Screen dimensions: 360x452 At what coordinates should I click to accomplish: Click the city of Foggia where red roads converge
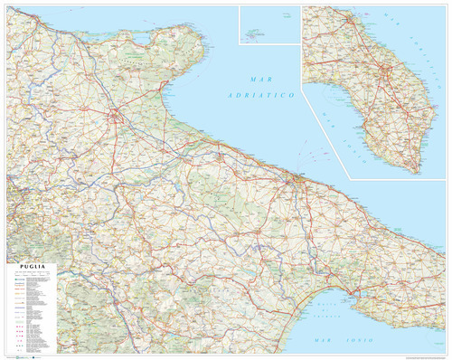(x=116, y=116)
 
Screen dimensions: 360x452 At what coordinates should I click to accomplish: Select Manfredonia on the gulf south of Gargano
(x=163, y=89)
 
